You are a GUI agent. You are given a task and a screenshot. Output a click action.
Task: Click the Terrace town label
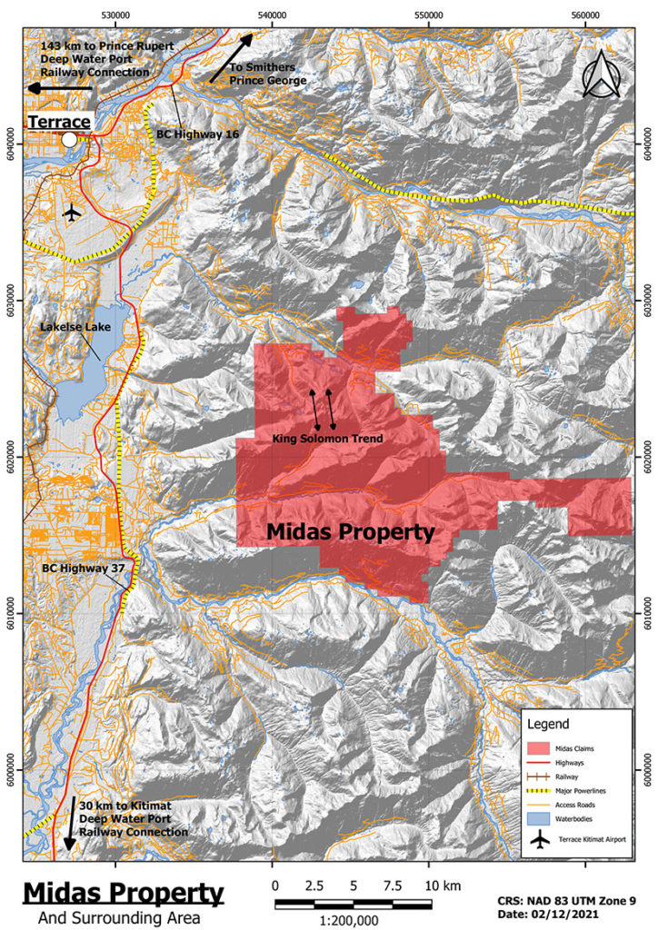pos(59,122)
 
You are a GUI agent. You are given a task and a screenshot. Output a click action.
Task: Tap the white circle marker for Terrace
pos(70,139)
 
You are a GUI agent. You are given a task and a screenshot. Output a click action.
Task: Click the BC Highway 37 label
pos(86,569)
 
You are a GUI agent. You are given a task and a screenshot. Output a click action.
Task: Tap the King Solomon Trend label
pos(328,440)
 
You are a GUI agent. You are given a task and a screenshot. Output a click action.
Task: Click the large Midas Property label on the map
pos(350,532)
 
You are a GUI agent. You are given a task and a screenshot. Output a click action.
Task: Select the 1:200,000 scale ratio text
pos(350,919)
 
